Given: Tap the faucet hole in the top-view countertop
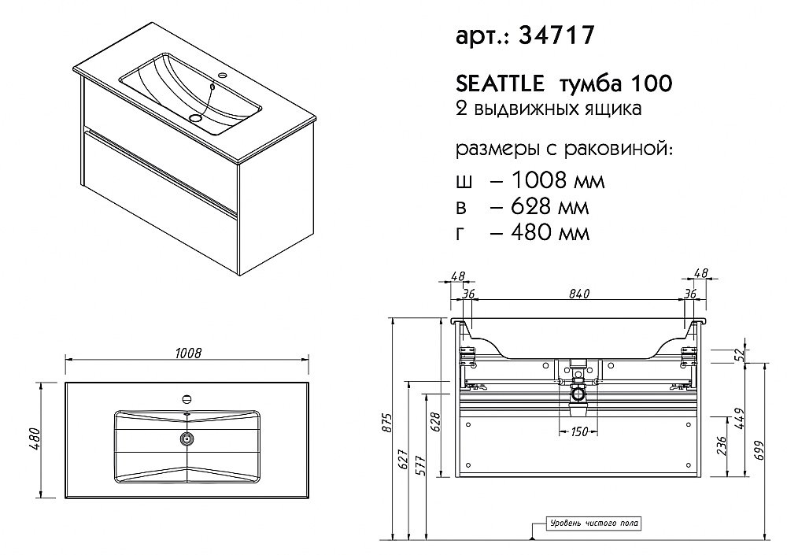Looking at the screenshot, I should click(x=187, y=398).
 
